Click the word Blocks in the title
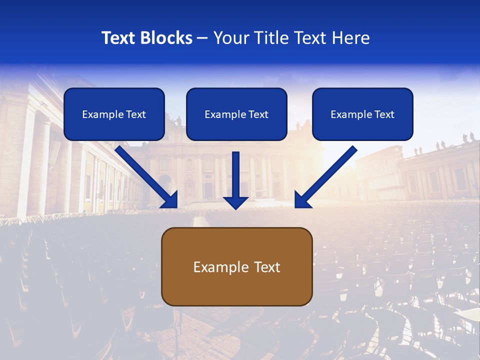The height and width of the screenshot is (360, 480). [x=167, y=38]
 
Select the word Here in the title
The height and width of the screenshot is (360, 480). [x=350, y=38]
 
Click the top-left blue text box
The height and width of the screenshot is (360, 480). [x=114, y=114]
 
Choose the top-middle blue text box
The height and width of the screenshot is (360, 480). [x=236, y=114]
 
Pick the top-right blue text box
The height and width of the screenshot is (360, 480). [x=362, y=114]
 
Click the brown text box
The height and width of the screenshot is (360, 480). [x=236, y=266]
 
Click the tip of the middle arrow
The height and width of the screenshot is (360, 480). [x=235, y=207]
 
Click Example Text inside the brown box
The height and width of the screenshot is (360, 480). [x=236, y=267]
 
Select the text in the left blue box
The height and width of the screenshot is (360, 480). [x=114, y=114]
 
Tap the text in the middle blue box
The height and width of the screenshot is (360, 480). [x=236, y=114]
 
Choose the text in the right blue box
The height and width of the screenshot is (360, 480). [x=362, y=114]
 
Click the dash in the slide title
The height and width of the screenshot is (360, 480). [x=202, y=38]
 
